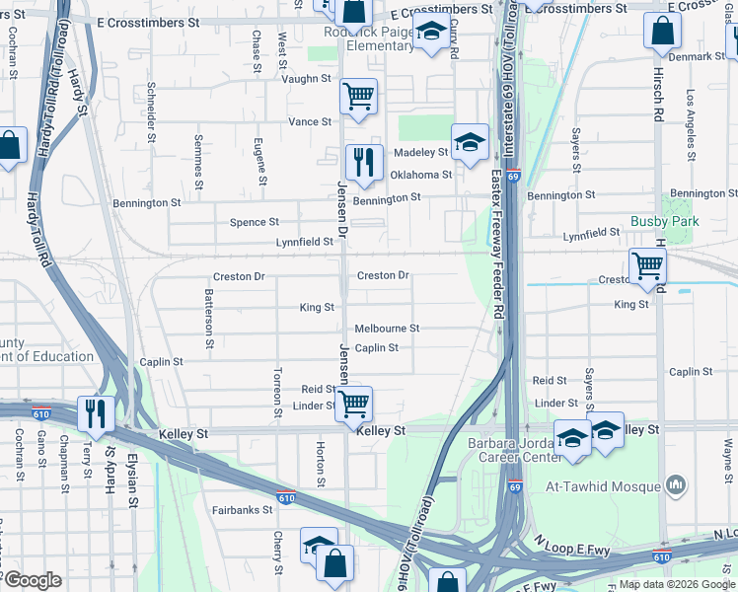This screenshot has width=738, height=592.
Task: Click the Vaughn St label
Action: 306,79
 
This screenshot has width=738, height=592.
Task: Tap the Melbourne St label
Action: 388,328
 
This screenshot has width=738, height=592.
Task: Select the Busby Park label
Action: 665,222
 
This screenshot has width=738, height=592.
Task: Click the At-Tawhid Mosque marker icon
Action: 676,484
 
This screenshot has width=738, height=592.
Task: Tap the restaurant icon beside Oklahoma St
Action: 363,161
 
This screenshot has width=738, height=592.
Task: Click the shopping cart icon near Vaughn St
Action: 358,96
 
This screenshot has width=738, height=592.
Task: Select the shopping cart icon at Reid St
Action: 352,403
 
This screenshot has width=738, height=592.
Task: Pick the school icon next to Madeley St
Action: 470,141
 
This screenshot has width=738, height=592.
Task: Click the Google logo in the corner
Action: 32,580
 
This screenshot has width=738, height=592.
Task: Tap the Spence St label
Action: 255,222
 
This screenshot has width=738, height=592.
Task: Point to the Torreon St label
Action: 278,384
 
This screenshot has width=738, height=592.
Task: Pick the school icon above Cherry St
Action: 318,545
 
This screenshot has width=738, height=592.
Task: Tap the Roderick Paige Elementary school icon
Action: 429,32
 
